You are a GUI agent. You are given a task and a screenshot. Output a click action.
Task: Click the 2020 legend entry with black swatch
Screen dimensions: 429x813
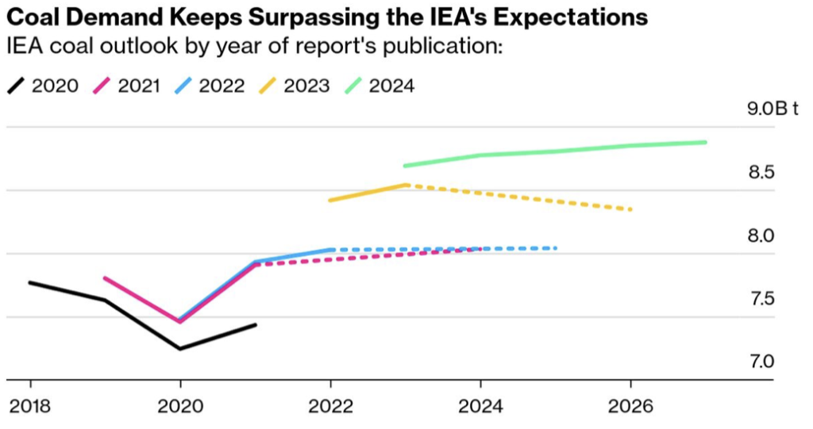click(x=44, y=86)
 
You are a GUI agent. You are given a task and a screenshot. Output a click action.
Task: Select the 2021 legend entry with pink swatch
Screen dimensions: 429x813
click(x=127, y=86)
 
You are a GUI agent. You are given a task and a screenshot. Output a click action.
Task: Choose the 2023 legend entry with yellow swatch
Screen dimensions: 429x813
click(x=297, y=86)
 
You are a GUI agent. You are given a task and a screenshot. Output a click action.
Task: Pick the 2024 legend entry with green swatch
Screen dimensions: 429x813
click(x=381, y=86)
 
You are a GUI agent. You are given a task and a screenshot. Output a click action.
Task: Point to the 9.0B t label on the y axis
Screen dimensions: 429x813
click(x=773, y=109)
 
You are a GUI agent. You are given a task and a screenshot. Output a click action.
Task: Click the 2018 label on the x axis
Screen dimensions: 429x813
click(x=30, y=406)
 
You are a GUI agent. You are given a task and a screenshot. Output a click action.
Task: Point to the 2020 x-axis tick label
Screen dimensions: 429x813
click(x=180, y=406)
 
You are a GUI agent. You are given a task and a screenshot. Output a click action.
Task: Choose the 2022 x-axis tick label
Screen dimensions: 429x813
click(x=330, y=406)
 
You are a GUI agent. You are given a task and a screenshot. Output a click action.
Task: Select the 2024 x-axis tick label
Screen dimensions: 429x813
click(x=480, y=406)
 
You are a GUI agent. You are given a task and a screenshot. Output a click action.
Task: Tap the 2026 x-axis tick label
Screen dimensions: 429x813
click(x=630, y=406)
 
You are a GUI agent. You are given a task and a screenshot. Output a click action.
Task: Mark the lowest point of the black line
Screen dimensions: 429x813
click(x=180, y=348)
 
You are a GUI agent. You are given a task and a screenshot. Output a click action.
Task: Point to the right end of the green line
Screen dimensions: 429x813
click(x=705, y=142)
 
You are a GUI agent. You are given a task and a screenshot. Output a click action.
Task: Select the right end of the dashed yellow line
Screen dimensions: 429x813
click(x=630, y=209)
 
